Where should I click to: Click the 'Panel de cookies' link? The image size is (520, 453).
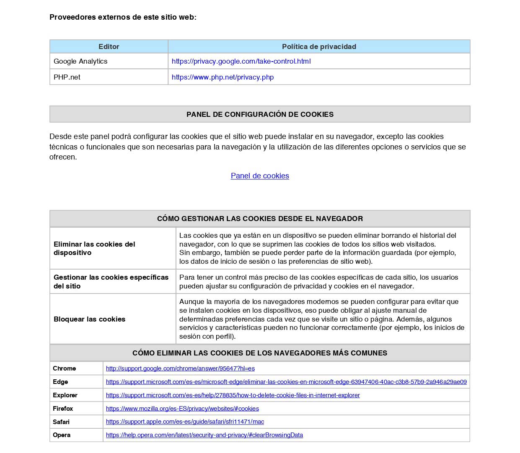coord(260,176)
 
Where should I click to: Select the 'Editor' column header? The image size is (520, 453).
coord(109,46)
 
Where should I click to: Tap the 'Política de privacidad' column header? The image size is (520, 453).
coord(319,46)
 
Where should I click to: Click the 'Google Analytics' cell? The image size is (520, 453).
coord(80,61)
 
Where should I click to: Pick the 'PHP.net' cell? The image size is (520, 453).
coord(67,77)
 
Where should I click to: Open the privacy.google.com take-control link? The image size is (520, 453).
coord(241,61)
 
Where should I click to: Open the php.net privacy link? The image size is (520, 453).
coord(222,77)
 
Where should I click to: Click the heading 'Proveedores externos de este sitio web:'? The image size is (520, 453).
coord(123,17)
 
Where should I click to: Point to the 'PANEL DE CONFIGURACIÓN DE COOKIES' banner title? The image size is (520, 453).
coord(260,114)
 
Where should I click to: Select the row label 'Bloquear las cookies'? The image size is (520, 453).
coord(89,319)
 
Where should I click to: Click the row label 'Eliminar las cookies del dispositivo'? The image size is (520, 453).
coord(94,248)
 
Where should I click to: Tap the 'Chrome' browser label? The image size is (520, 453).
coord(64,368)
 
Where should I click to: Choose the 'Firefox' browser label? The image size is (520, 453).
coord(63,409)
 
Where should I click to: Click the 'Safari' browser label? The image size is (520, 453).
coord(61,422)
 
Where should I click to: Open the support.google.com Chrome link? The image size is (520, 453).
coord(180,368)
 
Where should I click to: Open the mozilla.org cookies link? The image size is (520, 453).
coord(182,409)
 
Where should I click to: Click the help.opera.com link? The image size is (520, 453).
coord(204,435)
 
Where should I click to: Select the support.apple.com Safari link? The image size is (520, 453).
coord(185,422)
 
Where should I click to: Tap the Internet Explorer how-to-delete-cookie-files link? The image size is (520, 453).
coord(233,395)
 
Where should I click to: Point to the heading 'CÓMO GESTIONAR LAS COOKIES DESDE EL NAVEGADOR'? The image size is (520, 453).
coord(260,219)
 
